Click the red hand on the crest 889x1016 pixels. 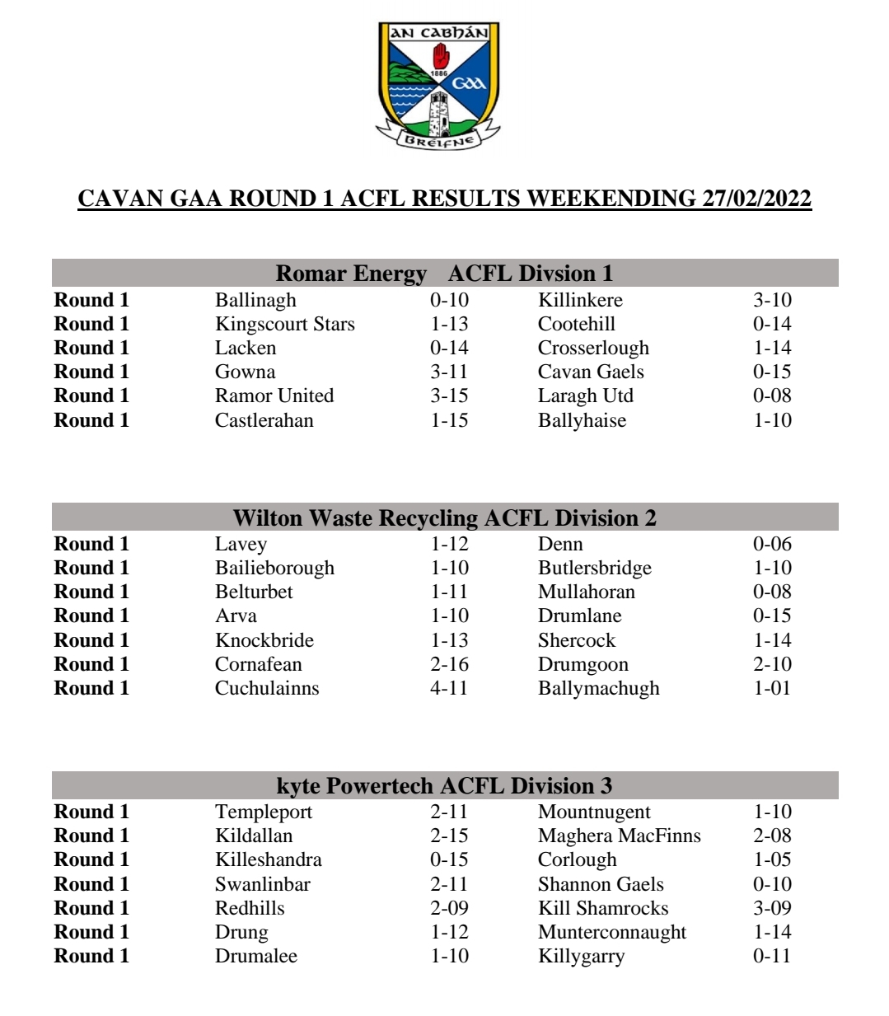coord(442,56)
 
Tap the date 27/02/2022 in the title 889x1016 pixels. coord(756,199)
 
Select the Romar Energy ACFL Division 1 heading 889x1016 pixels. coord(444,273)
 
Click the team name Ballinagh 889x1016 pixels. coord(255,300)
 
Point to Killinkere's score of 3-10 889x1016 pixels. coord(772,300)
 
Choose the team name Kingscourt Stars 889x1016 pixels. coord(284,324)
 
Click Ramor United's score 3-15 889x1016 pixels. coord(449,396)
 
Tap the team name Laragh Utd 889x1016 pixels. coord(586,396)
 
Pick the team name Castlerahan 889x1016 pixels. coord(264,420)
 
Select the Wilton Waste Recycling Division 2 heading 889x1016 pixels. coord(444,517)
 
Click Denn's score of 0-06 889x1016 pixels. coord(772,544)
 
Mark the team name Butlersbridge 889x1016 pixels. coord(594,568)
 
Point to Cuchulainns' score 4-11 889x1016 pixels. coord(449,688)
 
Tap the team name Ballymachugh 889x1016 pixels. coord(598,688)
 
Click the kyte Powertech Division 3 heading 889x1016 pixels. coord(444,785)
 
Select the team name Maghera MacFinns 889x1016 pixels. coord(619,836)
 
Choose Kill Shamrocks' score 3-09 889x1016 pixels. coord(772,908)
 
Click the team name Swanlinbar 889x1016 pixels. coord(263,884)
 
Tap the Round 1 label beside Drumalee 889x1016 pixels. coord(91,956)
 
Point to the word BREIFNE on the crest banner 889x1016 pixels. coord(439,140)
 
